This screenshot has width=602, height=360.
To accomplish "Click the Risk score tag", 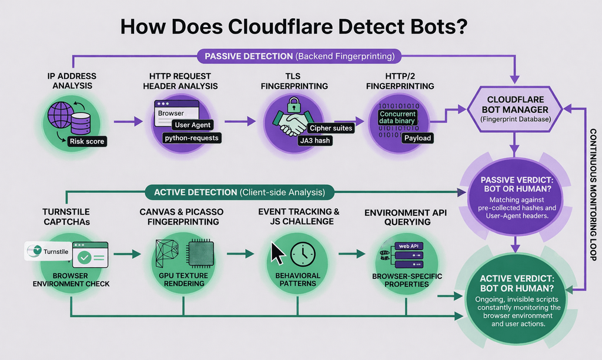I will (x=86, y=142).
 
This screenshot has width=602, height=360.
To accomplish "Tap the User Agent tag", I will (x=193, y=125).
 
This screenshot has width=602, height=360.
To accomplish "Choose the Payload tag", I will (x=416, y=138).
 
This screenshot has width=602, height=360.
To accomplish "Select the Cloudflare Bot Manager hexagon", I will (x=515, y=109).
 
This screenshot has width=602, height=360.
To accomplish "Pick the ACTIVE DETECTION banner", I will (x=239, y=192).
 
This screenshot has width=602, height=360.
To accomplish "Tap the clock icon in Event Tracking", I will (x=303, y=254).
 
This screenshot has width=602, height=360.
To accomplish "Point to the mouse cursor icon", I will (x=277, y=254).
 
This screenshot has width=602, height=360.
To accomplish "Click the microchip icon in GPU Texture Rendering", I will (x=200, y=254).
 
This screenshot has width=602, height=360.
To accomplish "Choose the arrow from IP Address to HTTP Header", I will (x=126, y=122).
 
